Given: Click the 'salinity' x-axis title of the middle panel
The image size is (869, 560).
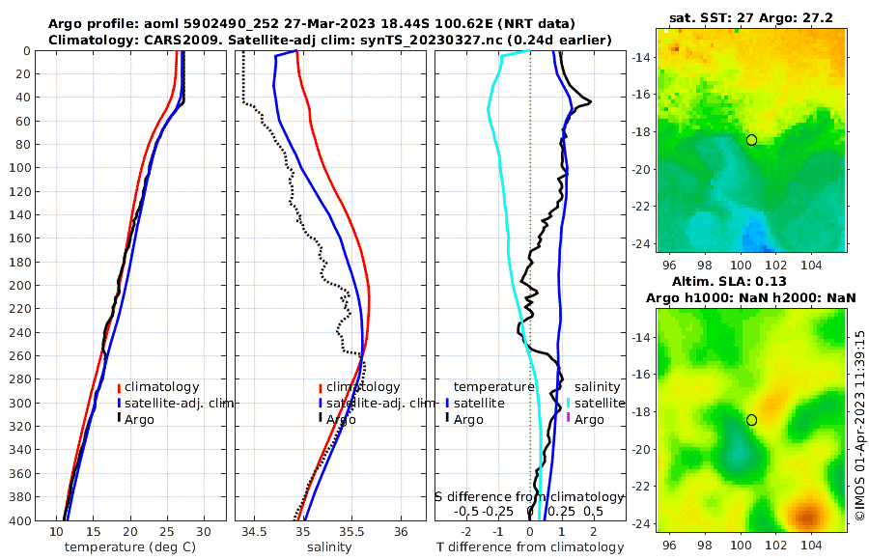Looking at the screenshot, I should click(x=328, y=547).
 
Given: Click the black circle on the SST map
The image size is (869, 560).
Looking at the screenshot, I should click(x=751, y=140).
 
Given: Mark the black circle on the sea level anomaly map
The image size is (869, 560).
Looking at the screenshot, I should click(x=751, y=420).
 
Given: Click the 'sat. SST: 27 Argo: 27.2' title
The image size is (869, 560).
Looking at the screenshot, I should click(x=751, y=17).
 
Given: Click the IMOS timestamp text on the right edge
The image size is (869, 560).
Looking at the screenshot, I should click(x=859, y=426).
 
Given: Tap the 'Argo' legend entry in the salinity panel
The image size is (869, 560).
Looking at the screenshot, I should click(x=342, y=419).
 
